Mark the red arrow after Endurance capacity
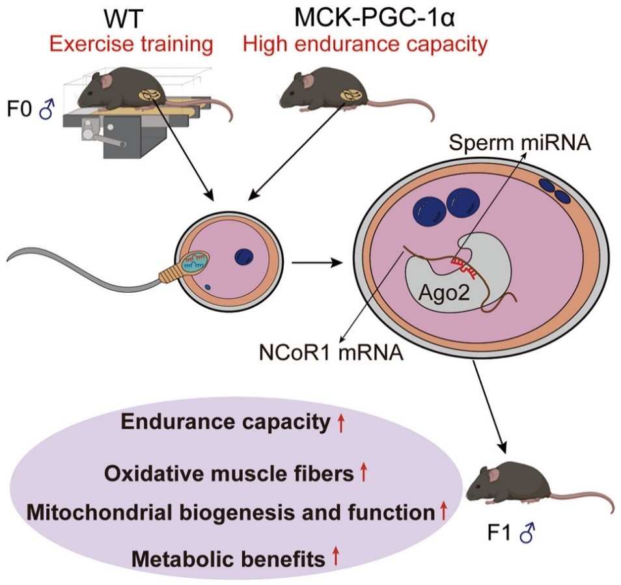click(x=340, y=424)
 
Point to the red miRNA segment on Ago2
click(x=467, y=264)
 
